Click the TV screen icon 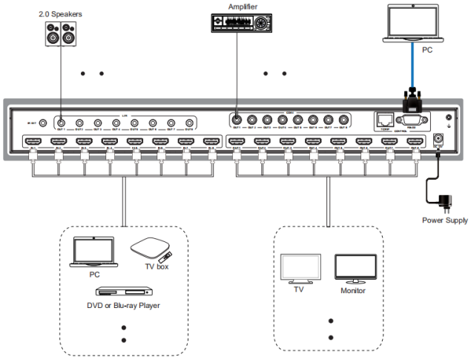coord(300,269)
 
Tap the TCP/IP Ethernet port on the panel coord(383,119)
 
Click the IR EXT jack coord(43,123)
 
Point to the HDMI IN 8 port coord(211,141)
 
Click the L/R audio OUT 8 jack coord(188,123)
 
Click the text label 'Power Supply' coord(445,220)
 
